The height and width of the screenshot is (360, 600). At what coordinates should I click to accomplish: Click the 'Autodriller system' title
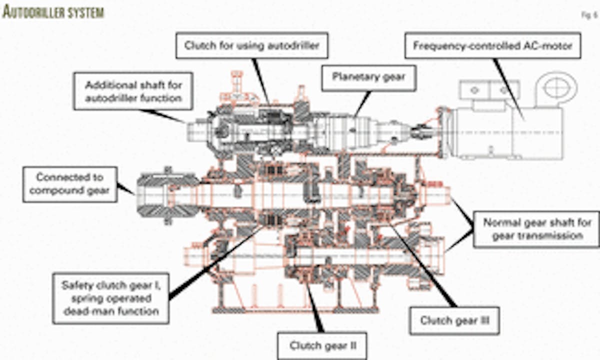tap(53, 12)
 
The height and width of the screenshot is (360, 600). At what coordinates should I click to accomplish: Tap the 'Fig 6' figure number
tap(588, 15)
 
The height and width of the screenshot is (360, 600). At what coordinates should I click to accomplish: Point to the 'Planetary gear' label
tap(368, 77)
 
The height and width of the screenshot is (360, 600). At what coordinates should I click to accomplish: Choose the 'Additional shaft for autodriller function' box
tap(133, 91)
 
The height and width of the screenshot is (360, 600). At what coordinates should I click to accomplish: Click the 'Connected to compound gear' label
tap(69, 184)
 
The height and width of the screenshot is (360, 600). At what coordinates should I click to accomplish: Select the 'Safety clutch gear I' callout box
tap(110, 298)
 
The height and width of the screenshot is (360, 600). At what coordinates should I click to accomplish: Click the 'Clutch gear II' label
tap(322, 345)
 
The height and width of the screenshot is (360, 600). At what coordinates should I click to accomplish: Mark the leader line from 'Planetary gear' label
tap(362, 102)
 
